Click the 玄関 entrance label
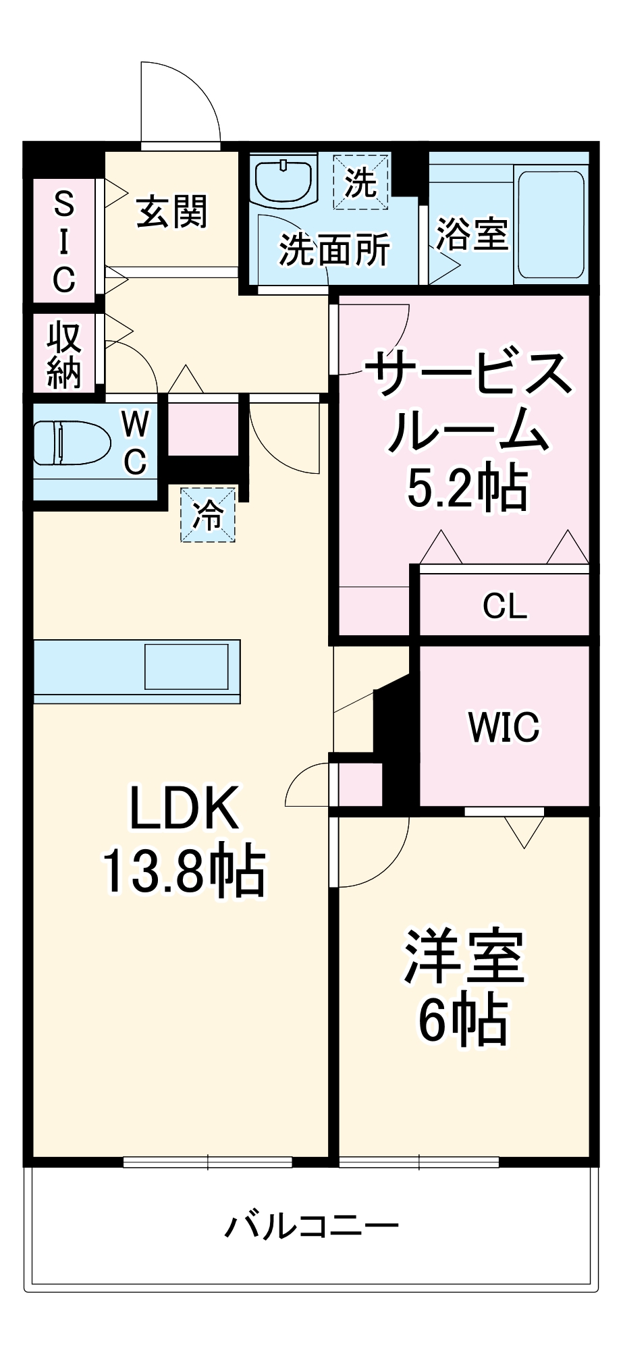click(171, 212)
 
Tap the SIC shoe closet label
click(64, 241)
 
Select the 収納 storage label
click(64, 354)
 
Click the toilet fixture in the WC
click(72, 443)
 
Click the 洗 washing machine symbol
click(360, 182)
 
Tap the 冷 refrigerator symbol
click(208, 515)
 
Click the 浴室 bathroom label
click(471, 234)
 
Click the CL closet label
click(505, 605)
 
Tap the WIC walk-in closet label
click(504, 727)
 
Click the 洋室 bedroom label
click(464, 956)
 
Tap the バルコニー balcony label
click(311, 1225)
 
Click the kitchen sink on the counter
click(186, 666)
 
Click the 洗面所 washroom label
click(335, 250)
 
